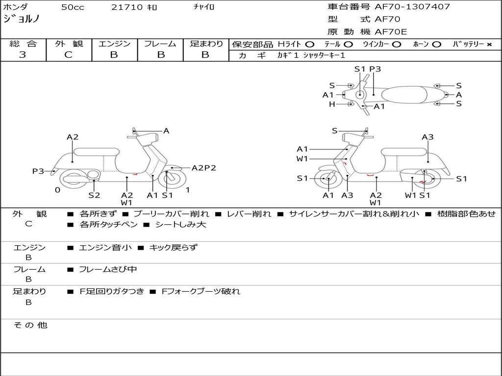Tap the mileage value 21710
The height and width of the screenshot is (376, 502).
coord(127,7)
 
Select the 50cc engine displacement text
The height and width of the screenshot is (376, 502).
coord(73,7)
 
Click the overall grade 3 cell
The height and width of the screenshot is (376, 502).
coord(23,55)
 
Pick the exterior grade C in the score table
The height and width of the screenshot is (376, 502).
coord(68,55)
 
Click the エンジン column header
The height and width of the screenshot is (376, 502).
coord(114,44)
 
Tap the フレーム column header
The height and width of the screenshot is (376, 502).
coord(160,44)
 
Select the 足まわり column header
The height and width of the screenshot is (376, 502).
coord(206,44)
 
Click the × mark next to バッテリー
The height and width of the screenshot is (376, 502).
coord(489,44)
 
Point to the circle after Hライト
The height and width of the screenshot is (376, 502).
coord(309,44)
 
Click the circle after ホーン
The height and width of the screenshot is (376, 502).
coord(437,44)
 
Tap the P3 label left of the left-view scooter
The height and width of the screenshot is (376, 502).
coord(38,171)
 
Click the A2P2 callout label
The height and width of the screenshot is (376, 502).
coord(203,168)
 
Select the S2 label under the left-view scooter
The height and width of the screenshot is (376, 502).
coord(94,195)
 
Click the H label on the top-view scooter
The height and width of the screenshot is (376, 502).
coord(332,104)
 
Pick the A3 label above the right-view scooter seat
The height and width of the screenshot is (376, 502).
coord(427,137)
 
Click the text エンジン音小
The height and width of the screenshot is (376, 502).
coord(105,248)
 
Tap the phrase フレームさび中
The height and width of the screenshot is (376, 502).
coord(108,269)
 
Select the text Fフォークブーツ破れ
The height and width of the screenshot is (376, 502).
coord(201,291)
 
